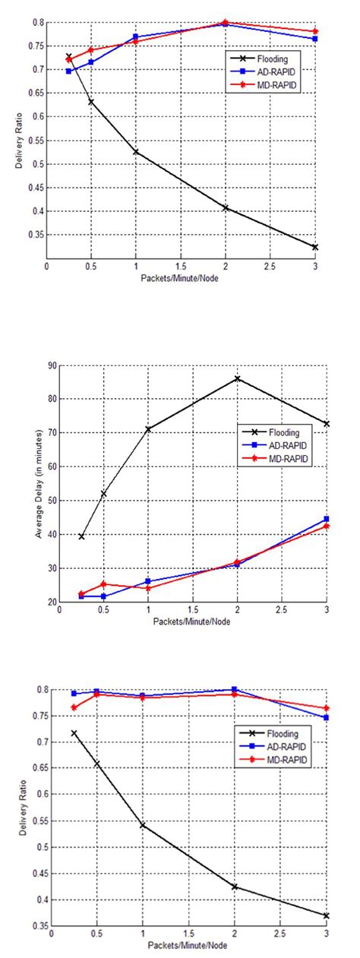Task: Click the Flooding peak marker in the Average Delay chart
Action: pyautogui.click(x=237, y=378)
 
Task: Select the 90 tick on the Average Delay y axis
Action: pyautogui.click(x=52, y=365)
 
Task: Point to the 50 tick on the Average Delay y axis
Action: pyautogui.click(x=52, y=501)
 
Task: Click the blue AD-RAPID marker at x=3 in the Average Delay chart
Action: pyautogui.click(x=326, y=520)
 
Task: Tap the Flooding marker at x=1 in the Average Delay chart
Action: pyautogui.click(x=148, y=429)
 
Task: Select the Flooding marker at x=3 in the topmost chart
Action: pyautogui.click(x=314, y=247)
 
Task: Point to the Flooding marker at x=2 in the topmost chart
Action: pyautogui.click(x=226, y=207)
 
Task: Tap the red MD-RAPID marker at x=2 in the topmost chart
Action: pyautogui.click(x=226, y=23)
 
